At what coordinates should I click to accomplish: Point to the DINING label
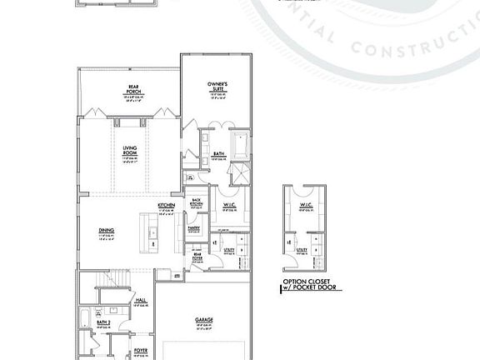[x=105, y=231]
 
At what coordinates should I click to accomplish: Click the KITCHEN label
[x=166, y=205]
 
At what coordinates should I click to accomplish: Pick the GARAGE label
[x=202, y=320]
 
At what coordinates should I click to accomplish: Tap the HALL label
[x=141, y=302]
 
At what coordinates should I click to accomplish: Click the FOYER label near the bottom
[x=141, y=351]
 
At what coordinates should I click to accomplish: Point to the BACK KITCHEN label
[x=197, y=202]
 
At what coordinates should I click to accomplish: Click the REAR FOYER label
[x=197, y=256]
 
